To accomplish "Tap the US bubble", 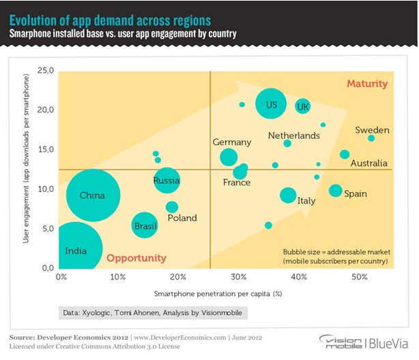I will tap(270, 104).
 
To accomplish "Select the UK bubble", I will tap(303, 106).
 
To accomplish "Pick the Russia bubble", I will tap(167, 181).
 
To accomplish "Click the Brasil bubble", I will tap(145, 225).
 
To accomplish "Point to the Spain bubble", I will tap(335, 191).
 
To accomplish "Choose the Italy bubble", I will tap(288, 195).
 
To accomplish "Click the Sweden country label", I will tap(372, 130).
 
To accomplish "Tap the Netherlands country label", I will tap(293, 136).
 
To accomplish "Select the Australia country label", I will tap(369, 164).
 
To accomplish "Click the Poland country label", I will tap(182, 218).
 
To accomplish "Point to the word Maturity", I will tap(366, 84).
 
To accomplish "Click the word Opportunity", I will tap(136, 258).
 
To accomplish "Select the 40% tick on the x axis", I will tap(298, 277).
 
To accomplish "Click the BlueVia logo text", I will tap(390, 342).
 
